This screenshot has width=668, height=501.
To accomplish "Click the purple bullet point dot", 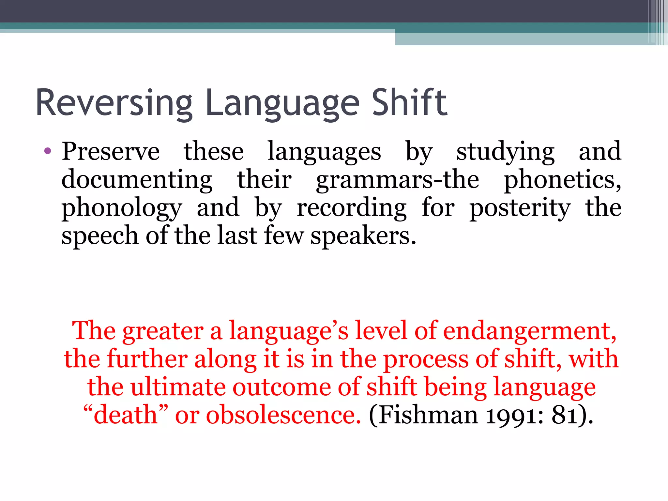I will tap(48, 151).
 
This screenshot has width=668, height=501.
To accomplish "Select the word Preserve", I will tap(111, 151).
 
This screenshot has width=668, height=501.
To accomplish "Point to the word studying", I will tap(505, 152).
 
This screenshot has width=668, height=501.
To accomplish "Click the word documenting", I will tap(137, 180).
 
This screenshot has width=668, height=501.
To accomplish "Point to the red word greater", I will tap(163, 331).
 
